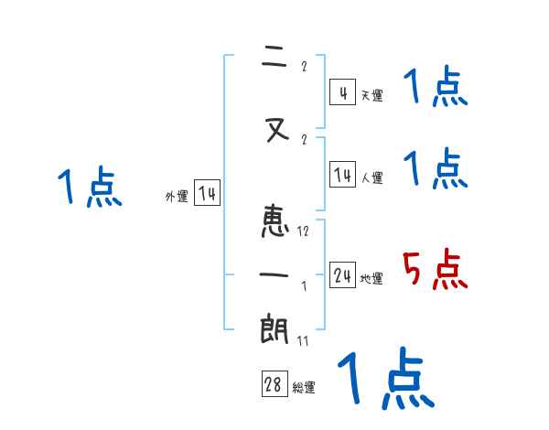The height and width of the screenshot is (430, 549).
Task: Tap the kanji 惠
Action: point(275,222)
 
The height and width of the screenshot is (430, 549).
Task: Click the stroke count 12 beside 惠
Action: point(303,231)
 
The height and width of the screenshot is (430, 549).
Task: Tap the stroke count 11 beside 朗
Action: point(303,341)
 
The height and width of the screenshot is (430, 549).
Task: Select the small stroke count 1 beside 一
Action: point(304,286)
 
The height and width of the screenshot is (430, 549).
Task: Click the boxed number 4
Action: point(342,92)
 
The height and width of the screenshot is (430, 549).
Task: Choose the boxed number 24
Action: point(342,275)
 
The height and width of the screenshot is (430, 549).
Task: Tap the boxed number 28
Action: point(274,385)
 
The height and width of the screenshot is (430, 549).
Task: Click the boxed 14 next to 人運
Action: point(342,175)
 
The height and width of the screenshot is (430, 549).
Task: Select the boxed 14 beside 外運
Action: point(207,193)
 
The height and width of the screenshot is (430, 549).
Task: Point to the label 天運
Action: point(371,95)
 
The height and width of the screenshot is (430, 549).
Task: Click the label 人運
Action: point(371,177)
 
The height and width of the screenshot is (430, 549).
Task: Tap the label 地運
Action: point(371,278)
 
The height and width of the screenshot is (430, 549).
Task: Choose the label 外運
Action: point(176,196)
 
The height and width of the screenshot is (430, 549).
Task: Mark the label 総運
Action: point(304,388)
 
